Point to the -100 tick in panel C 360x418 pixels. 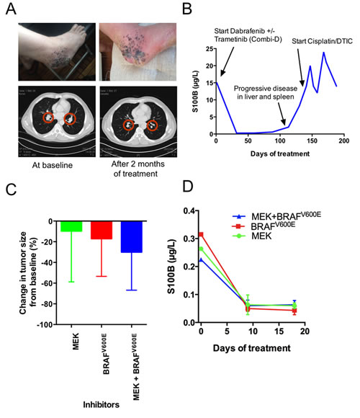[43, 325]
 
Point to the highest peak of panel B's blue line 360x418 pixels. [323, 53]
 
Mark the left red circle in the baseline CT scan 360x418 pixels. [50, 117]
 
